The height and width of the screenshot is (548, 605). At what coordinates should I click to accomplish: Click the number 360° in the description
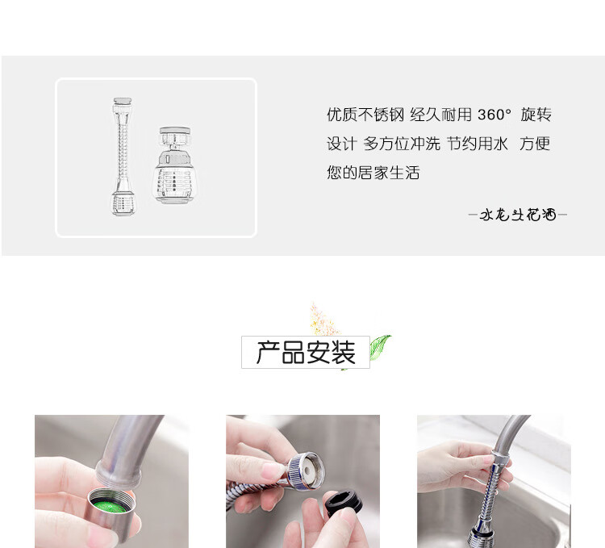coord(494,115)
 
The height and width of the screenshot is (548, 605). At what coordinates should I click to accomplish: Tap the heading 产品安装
coord(306,353)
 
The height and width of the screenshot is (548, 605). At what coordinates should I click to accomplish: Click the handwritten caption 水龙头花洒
coord(518,215)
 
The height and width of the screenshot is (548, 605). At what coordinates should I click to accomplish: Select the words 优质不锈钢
coord(365,115)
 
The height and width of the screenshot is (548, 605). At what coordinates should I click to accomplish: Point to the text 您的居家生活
coord(373,173)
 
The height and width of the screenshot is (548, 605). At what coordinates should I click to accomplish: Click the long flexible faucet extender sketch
coord(123,157)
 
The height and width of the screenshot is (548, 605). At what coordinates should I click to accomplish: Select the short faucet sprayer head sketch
coord(174,165)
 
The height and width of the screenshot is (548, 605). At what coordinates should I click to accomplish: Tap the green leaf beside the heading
coord(379,346)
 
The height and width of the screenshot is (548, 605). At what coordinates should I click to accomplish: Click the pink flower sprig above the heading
coord(323,320)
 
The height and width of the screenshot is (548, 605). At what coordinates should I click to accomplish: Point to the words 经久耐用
coord(440,115)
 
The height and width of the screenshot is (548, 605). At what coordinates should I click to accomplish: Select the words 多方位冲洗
coord(402,144)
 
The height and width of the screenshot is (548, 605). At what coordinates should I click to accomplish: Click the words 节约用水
coord(478,144)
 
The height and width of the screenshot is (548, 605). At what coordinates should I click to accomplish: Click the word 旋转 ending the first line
coord(536,115)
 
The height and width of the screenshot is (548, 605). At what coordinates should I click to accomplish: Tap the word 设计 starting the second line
coord(340,144)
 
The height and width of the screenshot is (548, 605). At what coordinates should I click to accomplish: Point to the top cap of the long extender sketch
coord(123,102)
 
